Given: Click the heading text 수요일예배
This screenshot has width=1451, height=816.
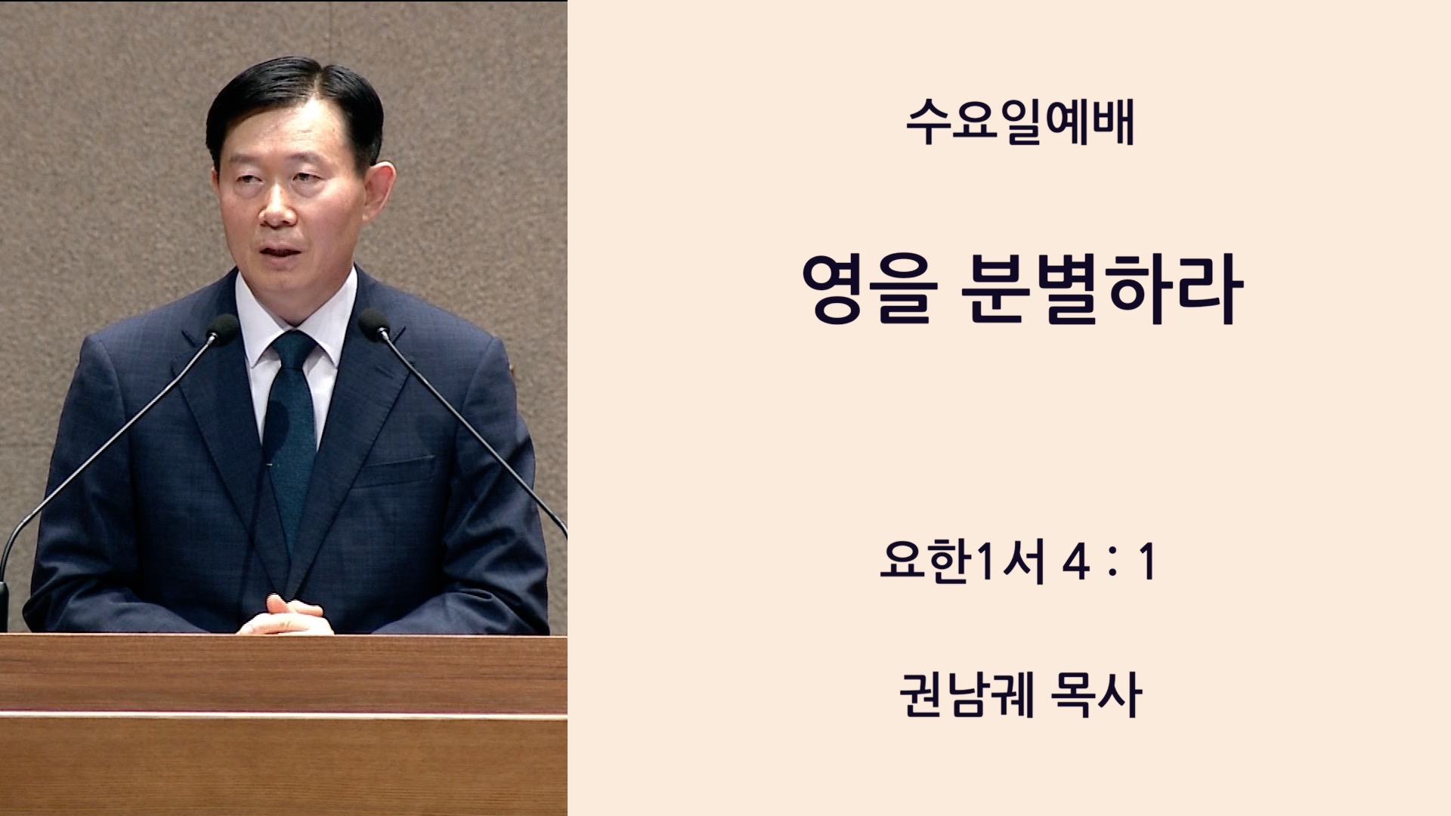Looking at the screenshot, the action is coord(1020,122).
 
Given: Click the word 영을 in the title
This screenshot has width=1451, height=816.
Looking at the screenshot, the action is coord(870,289).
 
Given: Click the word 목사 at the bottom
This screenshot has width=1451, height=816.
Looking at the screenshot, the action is coord(1096,695).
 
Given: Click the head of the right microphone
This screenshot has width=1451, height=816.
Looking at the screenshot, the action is coord(375,323).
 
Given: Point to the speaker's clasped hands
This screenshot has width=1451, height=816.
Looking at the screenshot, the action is coord(285,615).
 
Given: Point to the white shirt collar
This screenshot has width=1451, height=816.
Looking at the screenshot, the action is coord(295,317).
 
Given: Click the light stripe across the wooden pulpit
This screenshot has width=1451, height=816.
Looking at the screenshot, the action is coord(283,714).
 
